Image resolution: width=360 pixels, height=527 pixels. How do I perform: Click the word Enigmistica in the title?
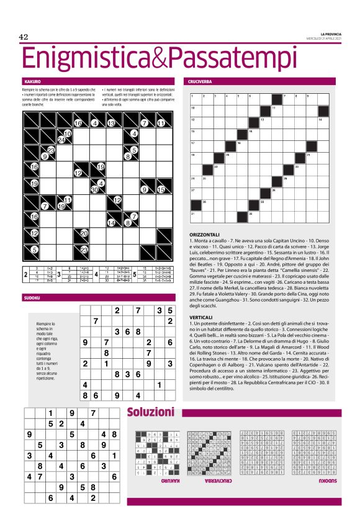[84, 60]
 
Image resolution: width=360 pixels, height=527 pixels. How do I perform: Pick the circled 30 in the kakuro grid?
[94, 190]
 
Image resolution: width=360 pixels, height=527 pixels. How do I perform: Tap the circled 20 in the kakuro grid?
[84, 233]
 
